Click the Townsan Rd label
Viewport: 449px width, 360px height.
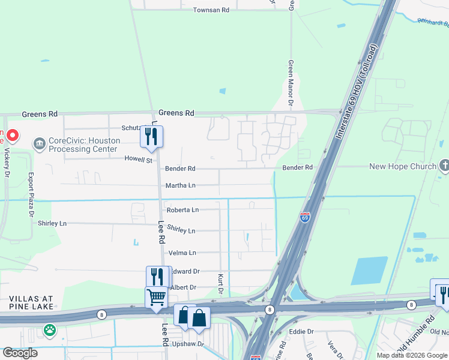tap(211, 11)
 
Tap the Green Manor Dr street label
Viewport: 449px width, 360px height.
tap(290, 83)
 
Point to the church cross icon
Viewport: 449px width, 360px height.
tap(444, 166)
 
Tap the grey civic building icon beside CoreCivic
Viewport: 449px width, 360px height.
tap(40, 144)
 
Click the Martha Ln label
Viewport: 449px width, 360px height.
tap(181, 185)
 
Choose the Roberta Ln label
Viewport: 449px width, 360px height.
tap(182, 210)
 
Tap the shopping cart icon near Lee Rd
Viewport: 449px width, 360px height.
tap(156, 296)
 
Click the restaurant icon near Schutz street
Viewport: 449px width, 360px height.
tap(152, 136)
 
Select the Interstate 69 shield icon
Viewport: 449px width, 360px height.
tap(305, 218)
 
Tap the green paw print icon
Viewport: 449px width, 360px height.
tap(49, 329)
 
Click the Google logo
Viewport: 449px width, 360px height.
tap(20, 353)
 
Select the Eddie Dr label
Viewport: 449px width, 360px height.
tap(301, 331)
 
